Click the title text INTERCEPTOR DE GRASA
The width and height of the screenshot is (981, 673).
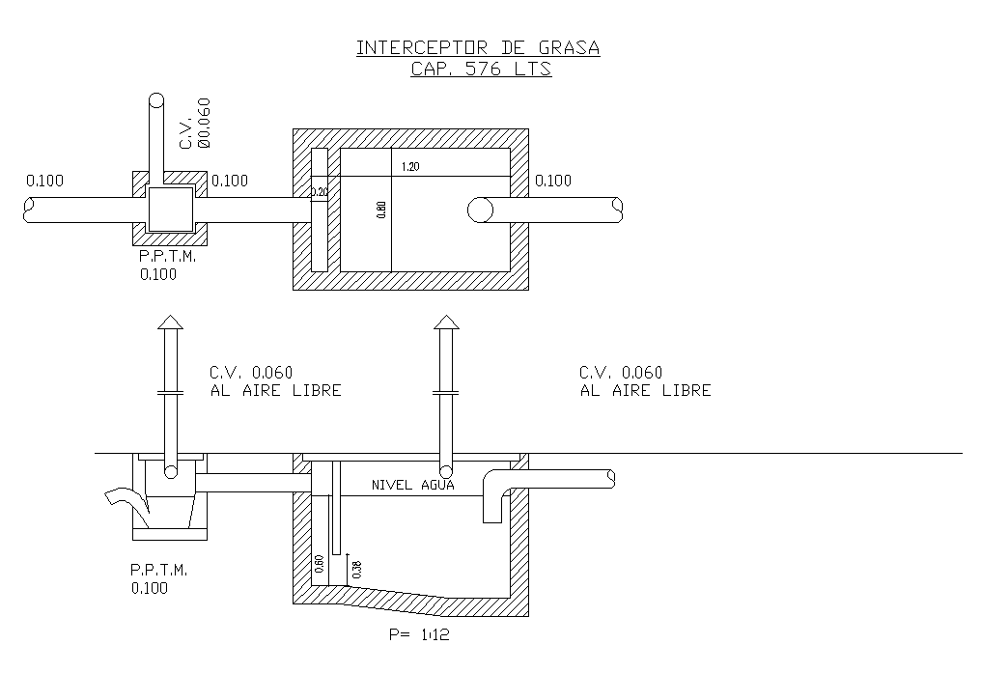(x=478, y=48)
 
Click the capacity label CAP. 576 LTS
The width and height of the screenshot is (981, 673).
(x=481, y=70)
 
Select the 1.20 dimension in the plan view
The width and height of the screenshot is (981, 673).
(x=410, y=168)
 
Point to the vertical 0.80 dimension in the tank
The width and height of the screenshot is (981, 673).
(x=381, y=210)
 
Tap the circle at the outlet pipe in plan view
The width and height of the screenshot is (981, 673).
(x=481, y=210)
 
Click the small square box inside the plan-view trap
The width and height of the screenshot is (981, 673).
(x=170, y=209)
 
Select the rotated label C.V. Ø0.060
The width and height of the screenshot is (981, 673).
(x=194, y=123)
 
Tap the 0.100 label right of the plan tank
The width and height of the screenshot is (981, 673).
(x=552, y=181)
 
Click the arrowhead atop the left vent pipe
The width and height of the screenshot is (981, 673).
(x=170, y=322)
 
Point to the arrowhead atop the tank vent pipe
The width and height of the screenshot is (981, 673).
(x=445, y=322)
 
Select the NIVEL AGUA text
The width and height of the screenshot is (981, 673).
(x=412, y=486)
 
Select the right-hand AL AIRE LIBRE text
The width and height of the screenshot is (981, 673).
(x=645, y=391)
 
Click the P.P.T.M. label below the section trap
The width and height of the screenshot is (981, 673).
(x=159, y=570)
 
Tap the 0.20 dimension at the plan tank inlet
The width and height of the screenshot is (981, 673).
(x=319, y=192)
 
